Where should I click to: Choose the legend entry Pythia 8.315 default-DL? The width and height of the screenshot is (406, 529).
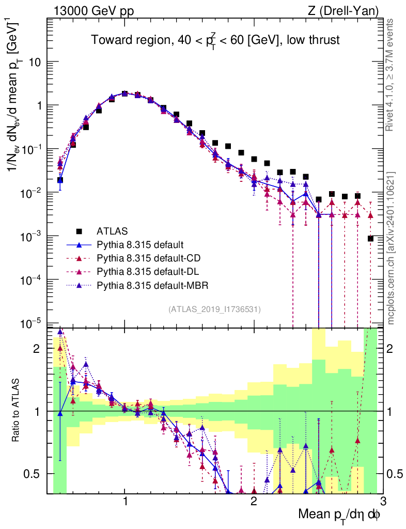click(149, 271)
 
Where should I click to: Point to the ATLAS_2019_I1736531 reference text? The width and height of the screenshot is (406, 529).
click(214, 309)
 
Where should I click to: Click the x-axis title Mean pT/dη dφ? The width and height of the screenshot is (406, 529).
click(339, 514)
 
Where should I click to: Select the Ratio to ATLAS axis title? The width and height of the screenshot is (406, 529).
click(17, 411)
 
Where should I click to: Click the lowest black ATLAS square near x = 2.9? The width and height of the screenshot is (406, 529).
click(370, 238)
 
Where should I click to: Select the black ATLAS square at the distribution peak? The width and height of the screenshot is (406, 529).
click(124, 94)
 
